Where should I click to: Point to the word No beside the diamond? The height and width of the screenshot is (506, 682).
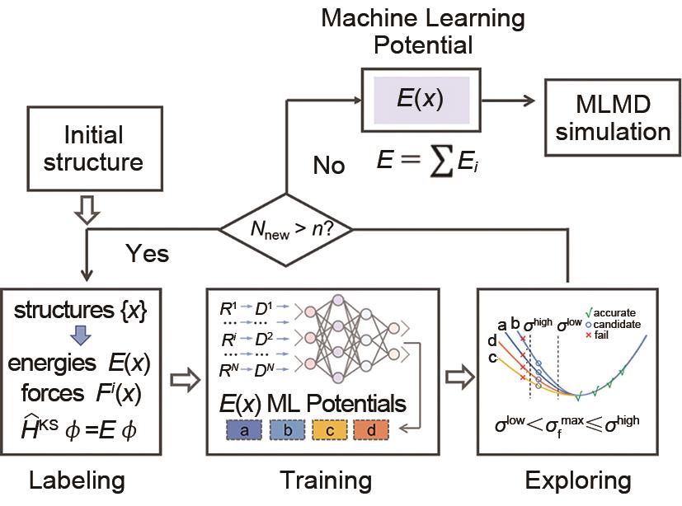coord(328,165)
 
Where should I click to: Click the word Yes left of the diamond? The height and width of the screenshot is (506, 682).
coord(148,252)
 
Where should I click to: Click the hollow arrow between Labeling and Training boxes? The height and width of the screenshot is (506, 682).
coord(187,379)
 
